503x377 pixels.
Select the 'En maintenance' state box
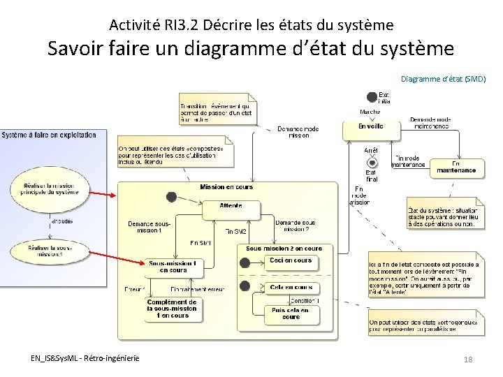click(x=456, y=168)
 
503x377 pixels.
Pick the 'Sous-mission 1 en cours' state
click(x=173, y=266)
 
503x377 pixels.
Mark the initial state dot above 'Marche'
click(x=372, y=98)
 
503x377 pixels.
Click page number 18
click(x=468, y=359)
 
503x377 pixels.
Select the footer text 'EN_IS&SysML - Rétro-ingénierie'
click(x=85, y=358)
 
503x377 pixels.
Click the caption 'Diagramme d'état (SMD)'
click(x=444, y=80)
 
